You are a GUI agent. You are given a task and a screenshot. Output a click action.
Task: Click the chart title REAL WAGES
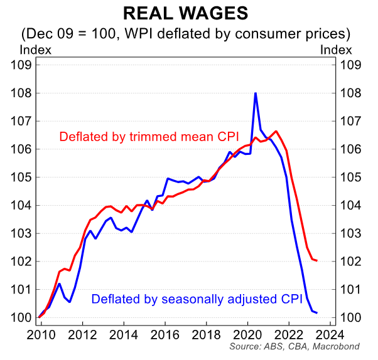click(189, 13)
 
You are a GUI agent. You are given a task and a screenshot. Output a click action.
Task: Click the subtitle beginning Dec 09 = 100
click(189, 32)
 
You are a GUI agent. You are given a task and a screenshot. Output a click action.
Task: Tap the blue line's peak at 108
click(256, 93)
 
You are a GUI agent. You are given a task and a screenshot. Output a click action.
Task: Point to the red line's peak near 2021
click(276, 131)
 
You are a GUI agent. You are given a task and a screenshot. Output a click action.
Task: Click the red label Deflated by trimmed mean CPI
click(149, 137)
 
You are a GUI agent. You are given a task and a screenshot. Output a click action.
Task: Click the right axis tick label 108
click(351, 93)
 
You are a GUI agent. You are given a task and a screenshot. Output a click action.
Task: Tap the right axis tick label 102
click(351, 262)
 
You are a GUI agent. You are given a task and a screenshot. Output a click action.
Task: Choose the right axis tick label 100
click(351, 317)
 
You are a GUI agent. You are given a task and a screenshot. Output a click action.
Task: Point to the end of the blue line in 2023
click(316, 312)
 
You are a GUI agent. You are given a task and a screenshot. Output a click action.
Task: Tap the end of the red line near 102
click(316, 260)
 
